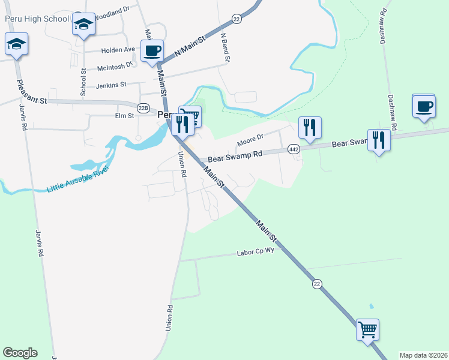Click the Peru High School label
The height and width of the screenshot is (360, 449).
[37, 19]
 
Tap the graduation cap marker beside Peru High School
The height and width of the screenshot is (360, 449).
[84, 25]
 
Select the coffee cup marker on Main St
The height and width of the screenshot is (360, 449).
[152, 50]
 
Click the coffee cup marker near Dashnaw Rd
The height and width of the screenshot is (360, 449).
[424, 106]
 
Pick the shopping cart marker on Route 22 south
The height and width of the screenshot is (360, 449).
[367, 329]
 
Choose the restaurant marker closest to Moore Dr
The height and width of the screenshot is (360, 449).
[310, 127]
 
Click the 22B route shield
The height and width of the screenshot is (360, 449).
[143, 108]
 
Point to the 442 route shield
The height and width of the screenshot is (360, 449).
[294, 148]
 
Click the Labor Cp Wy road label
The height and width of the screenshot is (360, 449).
[255, 253]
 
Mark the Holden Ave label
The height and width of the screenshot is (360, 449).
[118, 50]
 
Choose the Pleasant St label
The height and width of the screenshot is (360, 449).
[32, 100]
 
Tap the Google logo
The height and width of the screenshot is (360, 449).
[20, 353]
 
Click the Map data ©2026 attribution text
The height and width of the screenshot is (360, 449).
[423, 355]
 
